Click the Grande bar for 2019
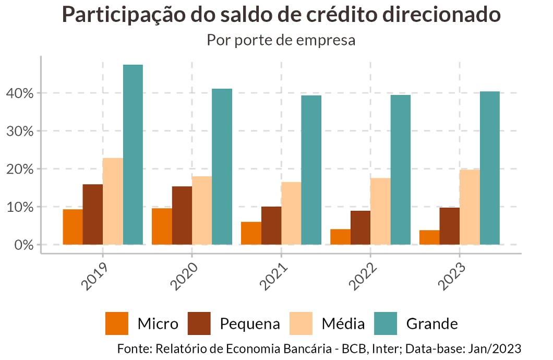coord(133,154)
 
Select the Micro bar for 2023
coord(429,237)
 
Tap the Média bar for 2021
coord(291,213)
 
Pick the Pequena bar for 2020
coord(182,215)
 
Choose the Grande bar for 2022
coord(401,170)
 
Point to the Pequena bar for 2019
coord(93,214)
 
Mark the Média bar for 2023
coord(470,207)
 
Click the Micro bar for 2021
coord(251,233)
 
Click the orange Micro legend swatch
coord(116,323)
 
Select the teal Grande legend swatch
coord(386,323)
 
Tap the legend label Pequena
coord(250,324)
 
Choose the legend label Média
coord(343,324)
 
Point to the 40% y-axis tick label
coord(20,93)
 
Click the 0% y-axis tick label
coord(23,245)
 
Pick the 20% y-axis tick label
coord(20,169)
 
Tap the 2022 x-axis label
coord(364,275)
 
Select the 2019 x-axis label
coord(96,275)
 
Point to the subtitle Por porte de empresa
coord(281,40)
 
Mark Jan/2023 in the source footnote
coord(496,349)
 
